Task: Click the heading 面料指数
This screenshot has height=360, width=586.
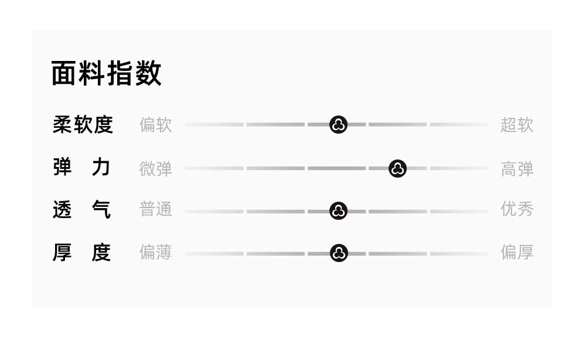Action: (x=106, y=74)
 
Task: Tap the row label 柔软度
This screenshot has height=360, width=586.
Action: (x=83, y=125)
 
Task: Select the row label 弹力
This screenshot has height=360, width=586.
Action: (x=82, y=168)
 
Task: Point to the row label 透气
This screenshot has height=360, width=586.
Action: (x=82, y=209)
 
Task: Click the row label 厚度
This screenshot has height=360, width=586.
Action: (x=82, y=253)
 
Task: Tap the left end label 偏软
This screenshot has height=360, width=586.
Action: (x=155, y=125)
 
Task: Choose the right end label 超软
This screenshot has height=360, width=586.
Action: (x=517, y=125)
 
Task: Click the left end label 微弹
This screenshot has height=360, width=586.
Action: (x=155, y=169)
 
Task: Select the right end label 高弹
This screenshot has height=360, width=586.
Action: (x=517, y=169)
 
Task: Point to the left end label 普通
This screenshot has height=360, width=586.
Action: (x=155, y=209)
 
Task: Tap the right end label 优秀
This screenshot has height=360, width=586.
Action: (x=517, y=209)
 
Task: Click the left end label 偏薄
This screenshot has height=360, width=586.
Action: (x=155, y=253)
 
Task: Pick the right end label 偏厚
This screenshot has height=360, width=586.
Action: (x=517, y=253)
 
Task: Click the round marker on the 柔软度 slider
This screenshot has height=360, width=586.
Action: (x=339, y=124)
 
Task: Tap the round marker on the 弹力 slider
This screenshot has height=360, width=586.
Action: (x=398, y=169)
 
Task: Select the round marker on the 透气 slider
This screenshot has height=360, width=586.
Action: (x=339, y=211)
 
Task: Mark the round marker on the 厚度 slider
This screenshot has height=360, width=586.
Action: (x=339, y=253)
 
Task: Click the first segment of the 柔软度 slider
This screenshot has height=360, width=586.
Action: (x=214, y=124)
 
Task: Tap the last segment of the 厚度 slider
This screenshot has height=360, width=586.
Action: (x=459, y=253)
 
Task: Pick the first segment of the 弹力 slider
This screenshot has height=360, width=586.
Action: (x=214, y=168)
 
